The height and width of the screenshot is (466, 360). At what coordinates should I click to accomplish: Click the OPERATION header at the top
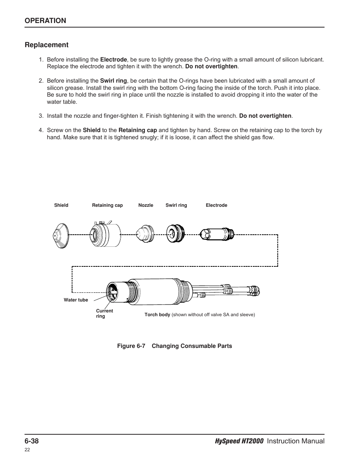[45, 21]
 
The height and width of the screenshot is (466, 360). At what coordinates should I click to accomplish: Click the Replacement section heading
[46, 45]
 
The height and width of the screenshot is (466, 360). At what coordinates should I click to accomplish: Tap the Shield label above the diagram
[61, 205]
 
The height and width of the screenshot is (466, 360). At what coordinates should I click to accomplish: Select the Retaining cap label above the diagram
[107, 205]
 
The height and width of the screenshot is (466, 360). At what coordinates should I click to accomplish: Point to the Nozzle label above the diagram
[146, 205]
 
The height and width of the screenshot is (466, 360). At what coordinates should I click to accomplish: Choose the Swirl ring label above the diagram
[176, 205]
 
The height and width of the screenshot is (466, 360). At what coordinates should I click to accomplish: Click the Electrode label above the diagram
[216, 205]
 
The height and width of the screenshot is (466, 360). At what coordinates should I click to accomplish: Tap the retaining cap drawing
[105, 234]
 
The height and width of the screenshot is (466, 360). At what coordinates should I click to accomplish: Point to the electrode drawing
[217, 234]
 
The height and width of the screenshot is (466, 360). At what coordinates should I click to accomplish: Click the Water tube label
[76, 300]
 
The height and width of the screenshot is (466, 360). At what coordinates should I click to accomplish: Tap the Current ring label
[104, 314]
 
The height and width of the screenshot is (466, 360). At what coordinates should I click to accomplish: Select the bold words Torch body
[157, 315]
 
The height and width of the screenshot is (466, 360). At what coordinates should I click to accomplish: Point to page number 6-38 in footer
[32, 441]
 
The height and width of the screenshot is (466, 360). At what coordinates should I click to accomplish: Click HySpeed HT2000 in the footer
[239, 441]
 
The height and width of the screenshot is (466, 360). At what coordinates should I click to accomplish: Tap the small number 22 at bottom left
[27, 450]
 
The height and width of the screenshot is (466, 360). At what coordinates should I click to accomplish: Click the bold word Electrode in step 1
[114, 60]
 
